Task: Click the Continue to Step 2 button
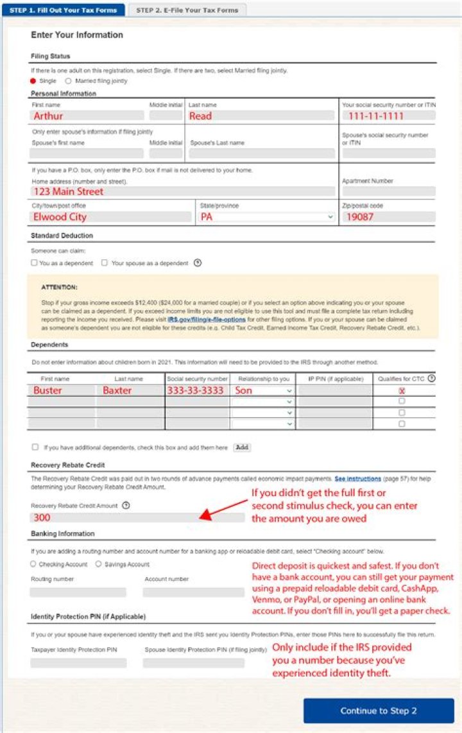379,711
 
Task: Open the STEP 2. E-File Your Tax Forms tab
187,10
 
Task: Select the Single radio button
33,81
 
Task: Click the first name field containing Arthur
88,116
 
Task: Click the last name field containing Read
261,116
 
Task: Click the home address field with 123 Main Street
183,191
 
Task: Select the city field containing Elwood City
111,217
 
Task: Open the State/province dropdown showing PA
267,217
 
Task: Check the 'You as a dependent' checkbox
34,263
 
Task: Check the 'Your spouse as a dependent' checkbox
105,263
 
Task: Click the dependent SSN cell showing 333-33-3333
197,390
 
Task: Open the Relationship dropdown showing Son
263,390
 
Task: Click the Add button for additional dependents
242,447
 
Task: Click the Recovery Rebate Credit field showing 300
137,517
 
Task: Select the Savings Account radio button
98,564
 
